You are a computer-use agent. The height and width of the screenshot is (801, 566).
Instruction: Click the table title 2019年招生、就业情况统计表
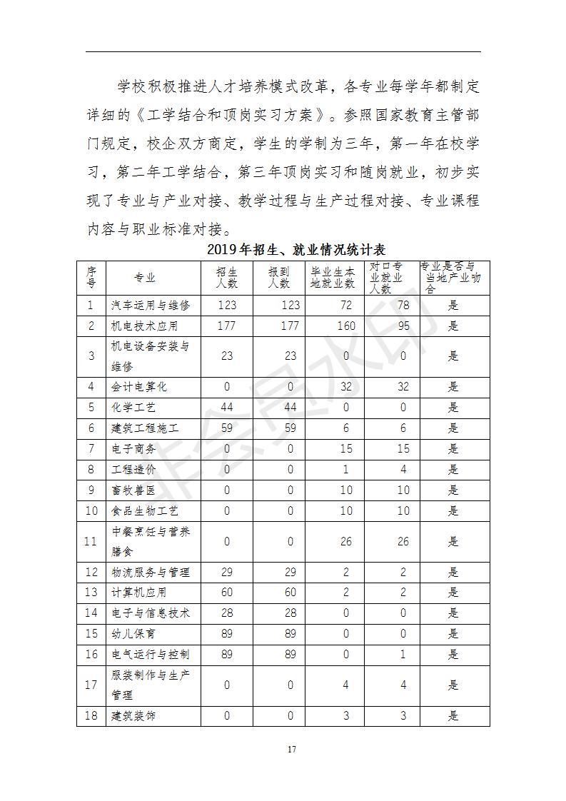click(x=296, y=250)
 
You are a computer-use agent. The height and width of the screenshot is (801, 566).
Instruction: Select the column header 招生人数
click(x=227, y=278)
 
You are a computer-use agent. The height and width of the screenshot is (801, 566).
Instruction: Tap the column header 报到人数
click(x=279, y=278)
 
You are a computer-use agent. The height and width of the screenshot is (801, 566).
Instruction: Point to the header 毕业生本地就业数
click(x=332, y=278)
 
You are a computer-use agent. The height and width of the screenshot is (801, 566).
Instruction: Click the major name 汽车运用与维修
click(x=151, y=306)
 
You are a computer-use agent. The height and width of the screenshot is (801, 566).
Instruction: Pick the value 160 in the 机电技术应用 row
click(x=346, y=326)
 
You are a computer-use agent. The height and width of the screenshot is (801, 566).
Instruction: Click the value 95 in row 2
click(x=403, y=326)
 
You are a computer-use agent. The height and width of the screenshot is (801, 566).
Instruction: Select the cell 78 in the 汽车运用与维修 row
click(x=403, y=306)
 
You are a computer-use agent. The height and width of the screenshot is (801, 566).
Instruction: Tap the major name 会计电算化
click(x=139, y=387)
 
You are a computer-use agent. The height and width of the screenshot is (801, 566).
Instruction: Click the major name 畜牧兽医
click(x=133, y=490)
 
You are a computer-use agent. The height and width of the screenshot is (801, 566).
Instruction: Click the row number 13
click(x=91, y=593)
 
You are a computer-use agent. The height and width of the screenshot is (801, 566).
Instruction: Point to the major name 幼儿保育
click(x=133, y=633)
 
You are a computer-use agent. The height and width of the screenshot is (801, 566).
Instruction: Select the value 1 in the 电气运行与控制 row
click(x=403, y=654)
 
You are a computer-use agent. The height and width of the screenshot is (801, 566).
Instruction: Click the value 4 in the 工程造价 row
click(x=403, y=470)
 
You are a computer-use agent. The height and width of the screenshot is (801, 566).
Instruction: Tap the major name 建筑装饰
click(x=133, y=715)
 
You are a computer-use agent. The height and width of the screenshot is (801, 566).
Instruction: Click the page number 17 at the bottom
click(x=291, y=749)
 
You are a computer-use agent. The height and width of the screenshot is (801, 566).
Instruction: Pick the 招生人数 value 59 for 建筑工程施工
click(x=227, y=428)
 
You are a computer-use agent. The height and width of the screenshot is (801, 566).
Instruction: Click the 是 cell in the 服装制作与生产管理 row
click(x=453, y=685)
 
